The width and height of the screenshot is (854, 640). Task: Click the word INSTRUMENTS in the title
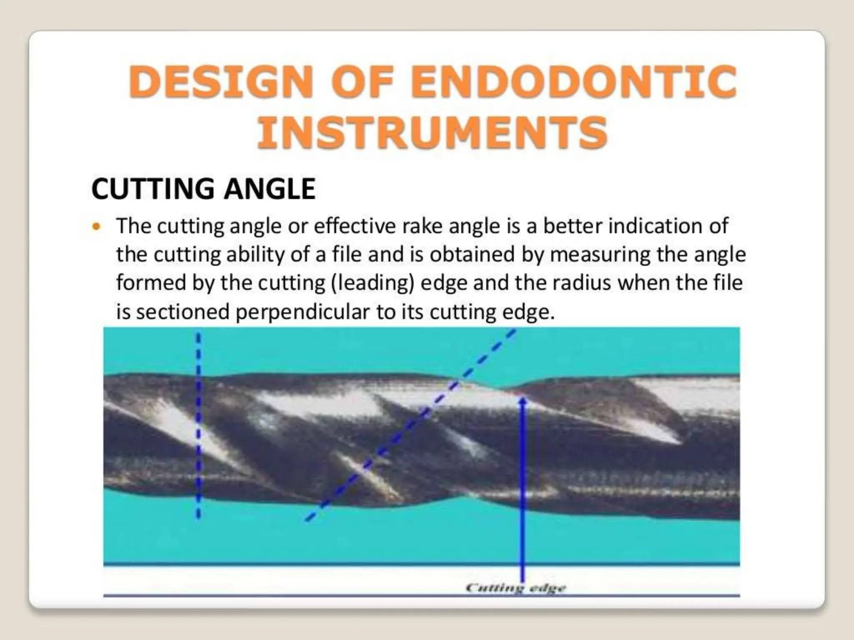click(432, 132)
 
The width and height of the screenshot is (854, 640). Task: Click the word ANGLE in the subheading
click(270, 189)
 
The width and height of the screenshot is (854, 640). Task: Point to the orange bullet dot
click(97, 227)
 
